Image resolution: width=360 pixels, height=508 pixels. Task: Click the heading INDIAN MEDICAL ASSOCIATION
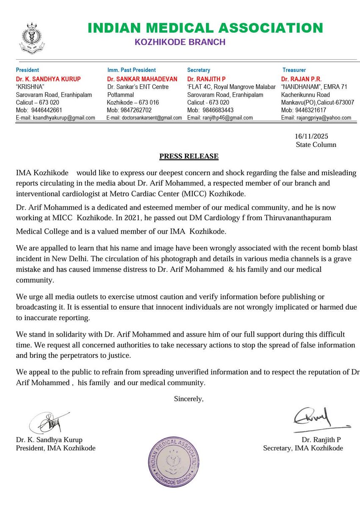pos(205,28)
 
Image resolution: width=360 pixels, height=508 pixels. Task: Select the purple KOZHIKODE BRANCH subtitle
pos(180,42)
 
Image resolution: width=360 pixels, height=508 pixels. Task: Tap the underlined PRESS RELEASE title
pos(189,156)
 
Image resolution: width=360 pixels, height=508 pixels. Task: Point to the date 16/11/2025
pos(311,137)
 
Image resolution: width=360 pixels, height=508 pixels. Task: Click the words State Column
pos(316,145)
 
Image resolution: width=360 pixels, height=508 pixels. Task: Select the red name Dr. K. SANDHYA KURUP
pos(48,79)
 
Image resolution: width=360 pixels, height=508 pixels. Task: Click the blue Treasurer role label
pos(294,70)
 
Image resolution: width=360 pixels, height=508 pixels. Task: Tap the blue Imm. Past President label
pos(131,70)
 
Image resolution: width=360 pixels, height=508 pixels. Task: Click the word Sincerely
pos(189,398)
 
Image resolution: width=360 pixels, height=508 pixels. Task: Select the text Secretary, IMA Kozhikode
pos(303,448)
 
